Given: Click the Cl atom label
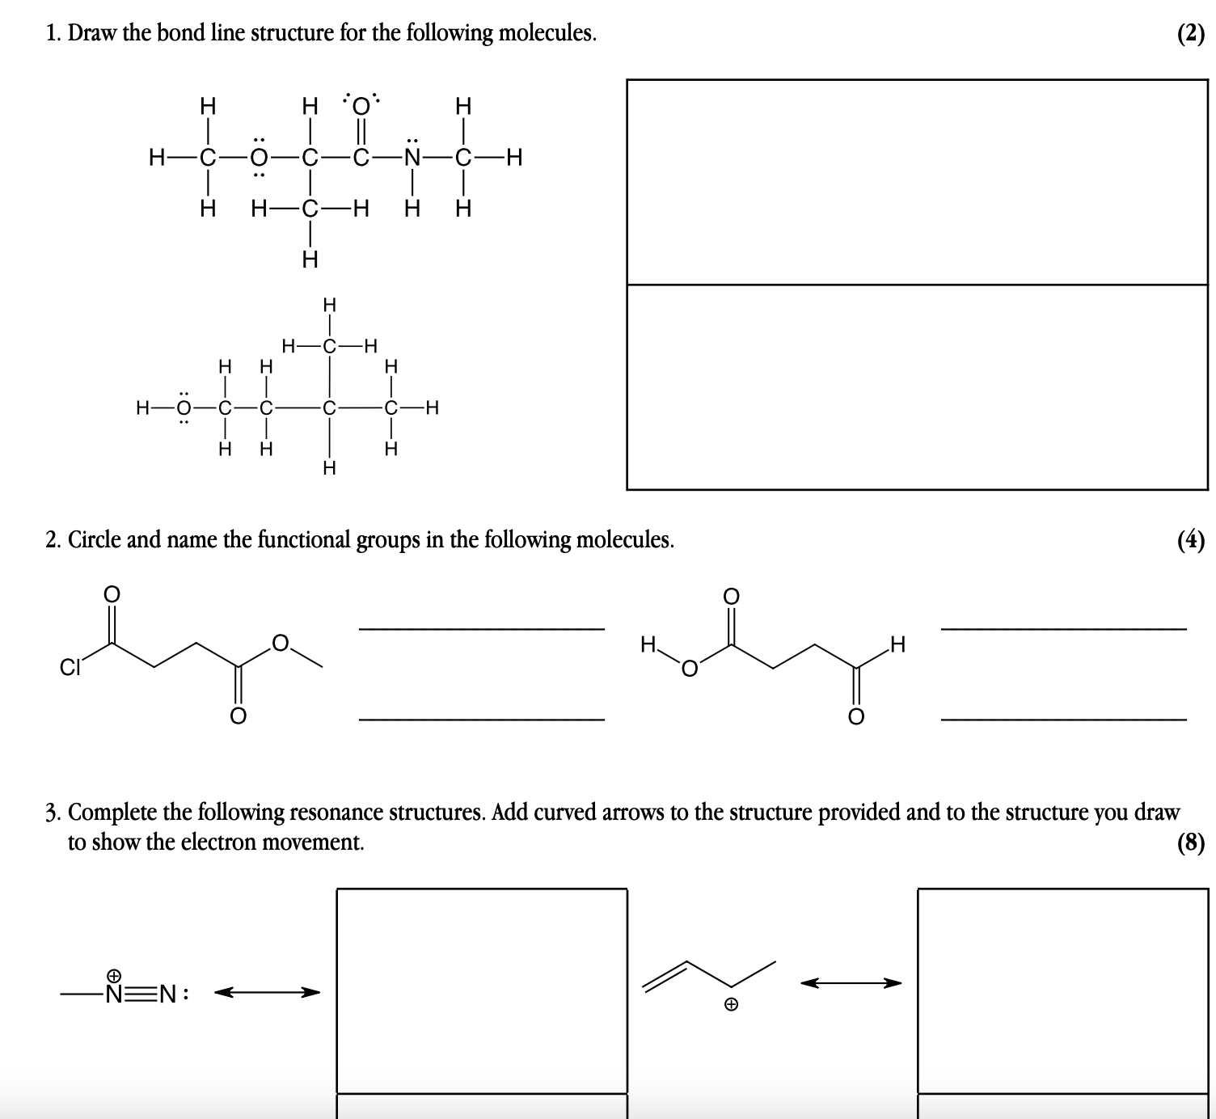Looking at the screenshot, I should tap(70, 668).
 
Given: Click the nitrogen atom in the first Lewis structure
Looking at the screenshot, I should tap(413, 158).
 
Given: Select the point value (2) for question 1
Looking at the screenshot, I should tap(1191, 33).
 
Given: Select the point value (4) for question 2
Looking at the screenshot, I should tap(1191, 540).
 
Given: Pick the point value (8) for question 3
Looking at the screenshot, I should tap(1191, 843).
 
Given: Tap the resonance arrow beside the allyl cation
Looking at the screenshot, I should tap(851, 983).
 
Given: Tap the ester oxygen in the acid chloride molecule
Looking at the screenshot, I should tap(280, 644).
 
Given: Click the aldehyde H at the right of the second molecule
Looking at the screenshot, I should tap(897, 645).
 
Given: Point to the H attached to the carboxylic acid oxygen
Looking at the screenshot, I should tap(648, 645).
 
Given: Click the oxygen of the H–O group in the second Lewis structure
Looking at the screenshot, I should tap(184, 407).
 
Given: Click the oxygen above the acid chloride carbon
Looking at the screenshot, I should tap(112, 594).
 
